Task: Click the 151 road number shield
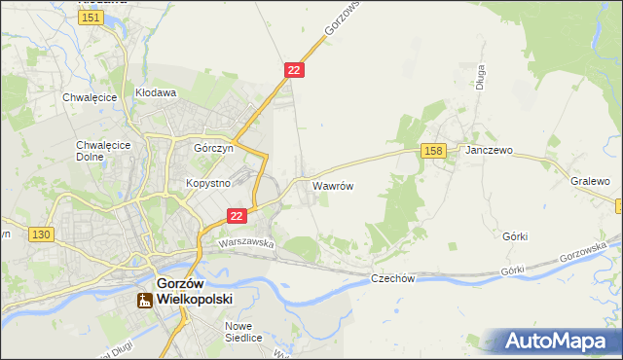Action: pos(92,18)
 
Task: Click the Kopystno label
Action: pos(207,183)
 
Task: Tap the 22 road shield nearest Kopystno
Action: pos(237,216)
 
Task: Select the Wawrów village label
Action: pos(331,184)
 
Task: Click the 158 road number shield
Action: pos(434,150)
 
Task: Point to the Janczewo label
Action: pos(489,151)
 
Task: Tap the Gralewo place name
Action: pos(590,181)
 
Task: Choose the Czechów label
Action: pos(393,278)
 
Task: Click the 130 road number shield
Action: pos(40,234)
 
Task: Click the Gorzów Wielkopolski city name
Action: pos(187,291)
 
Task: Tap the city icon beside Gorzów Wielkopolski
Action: pos(144,300)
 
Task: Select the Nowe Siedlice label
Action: pos(243,332)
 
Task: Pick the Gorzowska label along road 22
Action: pos(342,18)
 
